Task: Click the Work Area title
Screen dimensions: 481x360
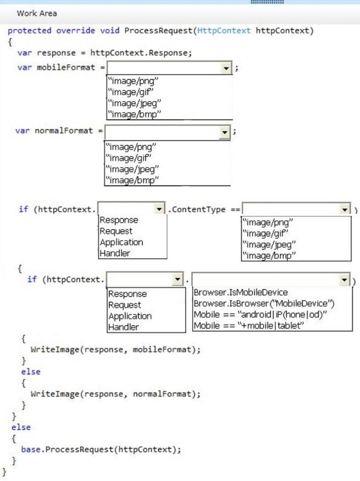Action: [x=37, y=13]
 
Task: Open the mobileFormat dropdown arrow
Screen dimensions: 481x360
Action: [x=227, y=68]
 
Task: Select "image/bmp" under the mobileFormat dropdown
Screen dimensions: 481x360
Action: [x=133, y=114]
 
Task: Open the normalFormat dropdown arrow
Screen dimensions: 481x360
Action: [x=225, y=132]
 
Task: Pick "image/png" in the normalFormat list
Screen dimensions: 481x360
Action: [x=132, y=147]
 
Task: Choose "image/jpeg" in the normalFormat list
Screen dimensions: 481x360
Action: [x=132, y=169]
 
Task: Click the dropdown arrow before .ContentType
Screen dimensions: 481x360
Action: [x=159, y=209]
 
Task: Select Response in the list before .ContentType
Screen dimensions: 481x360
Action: [x=119, y=220]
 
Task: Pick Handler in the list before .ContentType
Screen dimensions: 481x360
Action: [x=115, y=253]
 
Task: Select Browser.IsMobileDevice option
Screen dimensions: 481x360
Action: [x=241, y=292]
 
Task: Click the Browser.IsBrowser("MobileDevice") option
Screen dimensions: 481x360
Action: [x=264, y=303]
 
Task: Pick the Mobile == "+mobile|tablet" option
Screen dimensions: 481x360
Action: [x=248, y=326]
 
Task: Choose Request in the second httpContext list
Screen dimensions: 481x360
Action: [x=125, y=305]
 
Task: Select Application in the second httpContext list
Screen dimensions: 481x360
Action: [x=130, y=316]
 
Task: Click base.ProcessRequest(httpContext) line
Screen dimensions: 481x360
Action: [x=101, y=449]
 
